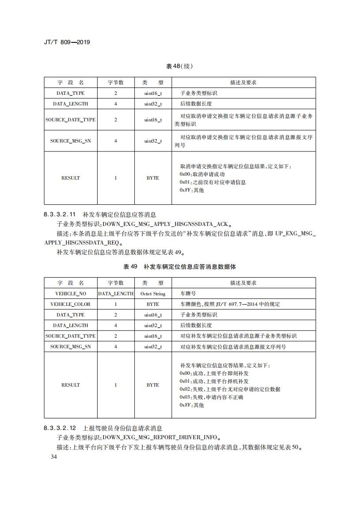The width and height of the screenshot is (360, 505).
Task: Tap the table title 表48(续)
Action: pos(179,66)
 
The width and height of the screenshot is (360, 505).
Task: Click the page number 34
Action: pos(54,457)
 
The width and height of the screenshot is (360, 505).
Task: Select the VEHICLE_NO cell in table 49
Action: pos(71,294)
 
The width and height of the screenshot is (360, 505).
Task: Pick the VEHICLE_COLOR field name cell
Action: pos(71,304)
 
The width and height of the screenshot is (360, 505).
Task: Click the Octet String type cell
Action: pos(153,294)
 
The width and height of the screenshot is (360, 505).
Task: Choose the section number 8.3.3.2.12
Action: pos(60,428)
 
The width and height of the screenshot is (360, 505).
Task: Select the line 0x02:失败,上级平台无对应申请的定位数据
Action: pos(230,389)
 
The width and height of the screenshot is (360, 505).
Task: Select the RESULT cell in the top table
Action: pos(71,178)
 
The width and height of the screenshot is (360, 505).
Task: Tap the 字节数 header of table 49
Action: pos(116,283)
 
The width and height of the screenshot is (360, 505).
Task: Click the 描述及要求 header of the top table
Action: pos(243,83)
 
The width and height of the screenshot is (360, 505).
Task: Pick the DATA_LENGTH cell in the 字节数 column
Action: pos(116,294)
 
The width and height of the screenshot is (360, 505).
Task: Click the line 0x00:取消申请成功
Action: pos(199,174)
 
